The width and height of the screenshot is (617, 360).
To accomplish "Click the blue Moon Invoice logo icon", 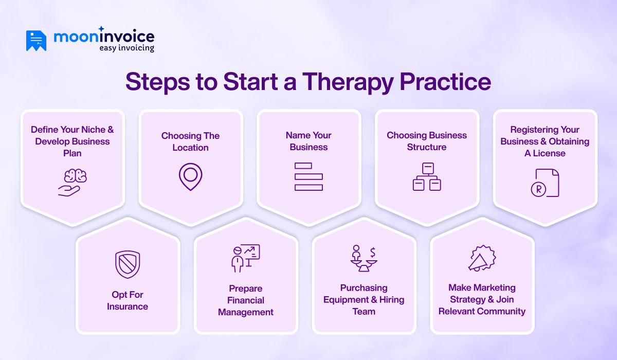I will pyautogui.click(x=36, y=41).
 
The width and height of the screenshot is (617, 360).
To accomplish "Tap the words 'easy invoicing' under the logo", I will pyautogui.click(x=126, y=48).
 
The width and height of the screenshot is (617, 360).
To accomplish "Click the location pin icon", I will pyautogui.click(x=190, y=176).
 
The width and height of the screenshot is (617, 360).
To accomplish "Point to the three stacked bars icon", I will pyautogui.click(x=308, y=176).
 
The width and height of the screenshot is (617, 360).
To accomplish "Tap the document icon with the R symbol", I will pyautogui.click(x=545, y=183).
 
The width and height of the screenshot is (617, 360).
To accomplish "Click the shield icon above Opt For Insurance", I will pyautogui.click(x=128, y=264).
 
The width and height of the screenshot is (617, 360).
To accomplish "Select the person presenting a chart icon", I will pyautogui.click(x=245, y=258).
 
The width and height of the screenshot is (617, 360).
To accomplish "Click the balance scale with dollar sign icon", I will pyautogui.click(x=364, y=258).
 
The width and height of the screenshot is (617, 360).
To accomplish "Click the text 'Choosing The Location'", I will pyautogui.click(x=190, y=141).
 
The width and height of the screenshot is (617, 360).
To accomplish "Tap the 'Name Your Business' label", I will pyautogui.click(x=308, y=141).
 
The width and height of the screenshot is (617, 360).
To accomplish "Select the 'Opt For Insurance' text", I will pyautogui.click(x=128, y=300).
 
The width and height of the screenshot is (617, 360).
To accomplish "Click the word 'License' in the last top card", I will pyautogui.click(x=550, y=153).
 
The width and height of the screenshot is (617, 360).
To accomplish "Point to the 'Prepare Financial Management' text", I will pyautogui.click(x=246, y=300).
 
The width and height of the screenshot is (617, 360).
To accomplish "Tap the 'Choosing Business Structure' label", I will pyautogui.click(x=427, y=141).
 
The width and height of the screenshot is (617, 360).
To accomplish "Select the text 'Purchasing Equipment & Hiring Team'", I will pyautogui.click(x=364, y=300).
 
